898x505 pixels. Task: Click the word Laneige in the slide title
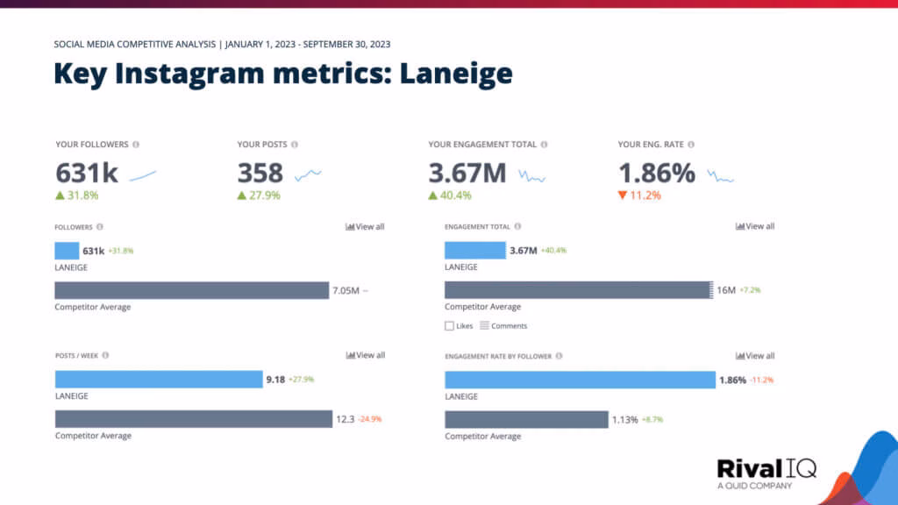456,74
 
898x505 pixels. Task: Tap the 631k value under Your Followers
86,173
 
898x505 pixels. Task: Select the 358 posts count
260,173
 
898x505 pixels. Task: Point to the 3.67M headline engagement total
467,173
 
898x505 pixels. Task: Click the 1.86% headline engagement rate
657,173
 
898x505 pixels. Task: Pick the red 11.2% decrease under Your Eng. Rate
642,196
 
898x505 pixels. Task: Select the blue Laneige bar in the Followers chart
67,251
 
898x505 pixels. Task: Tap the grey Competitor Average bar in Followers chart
191,290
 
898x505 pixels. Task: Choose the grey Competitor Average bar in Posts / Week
193,419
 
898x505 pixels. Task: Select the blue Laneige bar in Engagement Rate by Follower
579,380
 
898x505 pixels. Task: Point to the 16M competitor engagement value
726,290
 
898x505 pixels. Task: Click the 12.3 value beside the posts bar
345,419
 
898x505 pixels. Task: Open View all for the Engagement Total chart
755,226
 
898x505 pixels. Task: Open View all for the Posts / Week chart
365,355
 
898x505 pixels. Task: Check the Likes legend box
450,325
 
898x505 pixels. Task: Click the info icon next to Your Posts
295,145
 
